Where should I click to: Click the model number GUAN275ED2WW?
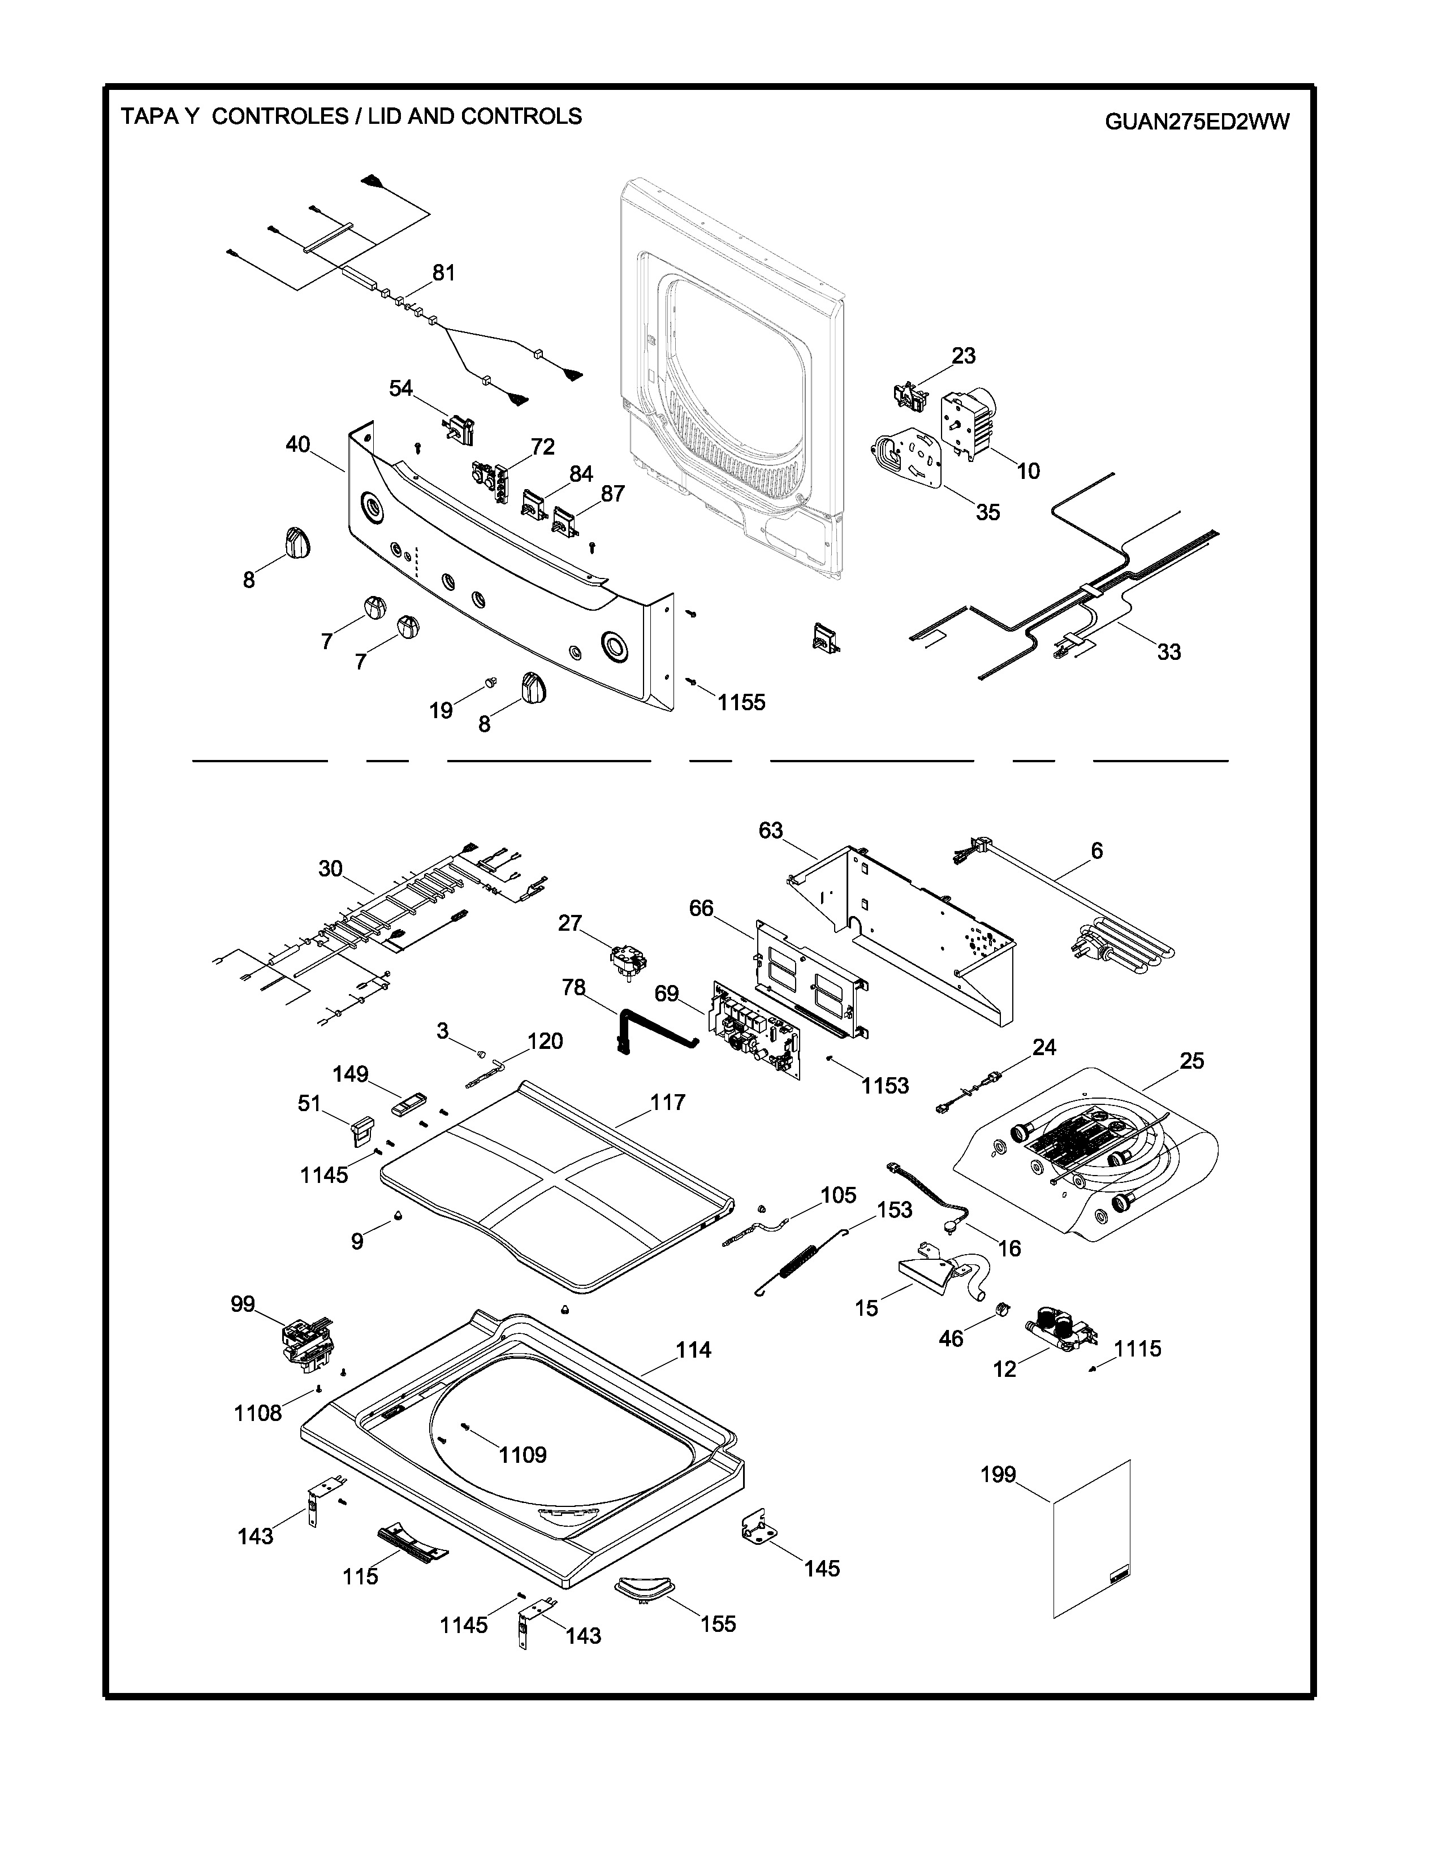(1197, 122)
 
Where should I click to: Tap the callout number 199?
(998, 1475)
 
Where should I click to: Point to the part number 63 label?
(771, 831)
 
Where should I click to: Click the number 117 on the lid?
(667, 1102)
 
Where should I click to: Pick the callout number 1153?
(885, 1086)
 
